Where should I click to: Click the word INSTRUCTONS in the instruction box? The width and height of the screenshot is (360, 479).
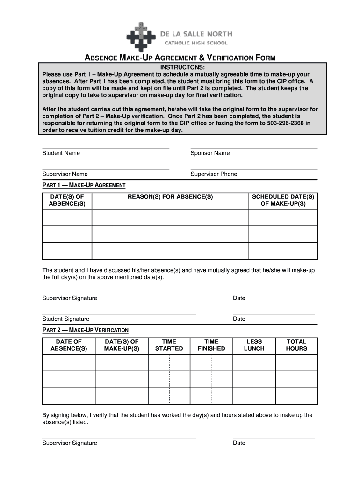click(180, 67)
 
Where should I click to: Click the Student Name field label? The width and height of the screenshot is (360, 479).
click(61, 153)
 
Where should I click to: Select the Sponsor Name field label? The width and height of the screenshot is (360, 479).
click(210, 153)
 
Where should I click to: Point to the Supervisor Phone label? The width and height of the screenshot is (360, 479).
click(214, 174)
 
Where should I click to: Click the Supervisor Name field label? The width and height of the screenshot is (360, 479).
click(65, 174)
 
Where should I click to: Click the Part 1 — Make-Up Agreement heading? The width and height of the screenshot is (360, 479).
click(84, 185)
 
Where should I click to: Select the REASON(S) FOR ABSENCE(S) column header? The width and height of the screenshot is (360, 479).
click(170, 197)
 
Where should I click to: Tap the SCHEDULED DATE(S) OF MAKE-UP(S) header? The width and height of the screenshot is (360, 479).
click(283, 200)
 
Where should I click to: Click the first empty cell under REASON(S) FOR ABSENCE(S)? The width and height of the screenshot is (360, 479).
click(170, 218)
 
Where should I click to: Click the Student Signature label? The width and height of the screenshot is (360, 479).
click(66, 319)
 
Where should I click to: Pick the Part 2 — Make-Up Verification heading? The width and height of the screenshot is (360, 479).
click(85, 330)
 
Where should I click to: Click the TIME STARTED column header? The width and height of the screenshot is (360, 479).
click(169, 345)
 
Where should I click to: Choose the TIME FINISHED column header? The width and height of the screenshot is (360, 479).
click(211, 345)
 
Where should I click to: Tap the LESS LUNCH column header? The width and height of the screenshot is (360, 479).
click(254, 345)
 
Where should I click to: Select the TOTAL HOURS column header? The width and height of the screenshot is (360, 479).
click(296, 345)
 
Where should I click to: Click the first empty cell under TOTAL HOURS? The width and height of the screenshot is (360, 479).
click(296, 362)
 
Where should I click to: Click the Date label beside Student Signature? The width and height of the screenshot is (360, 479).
click(239, 319)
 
